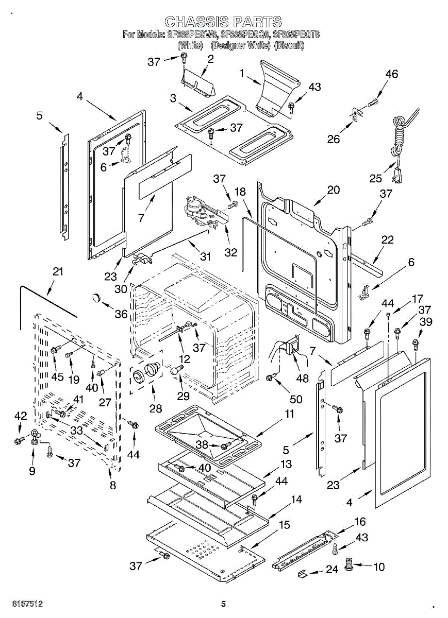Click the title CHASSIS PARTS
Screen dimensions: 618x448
(x=223, y=21)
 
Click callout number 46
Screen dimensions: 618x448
(x=392, y=74)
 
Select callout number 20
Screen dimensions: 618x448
(x=334, y=190)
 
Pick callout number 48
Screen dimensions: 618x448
(x=303, y=379)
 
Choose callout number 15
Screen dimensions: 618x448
(x=284, y=525)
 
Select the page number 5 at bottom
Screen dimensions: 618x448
(x=223, y=604)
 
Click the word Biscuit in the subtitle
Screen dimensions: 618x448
(x=289, y=45)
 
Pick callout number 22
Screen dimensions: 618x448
(x=388, y=240)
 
